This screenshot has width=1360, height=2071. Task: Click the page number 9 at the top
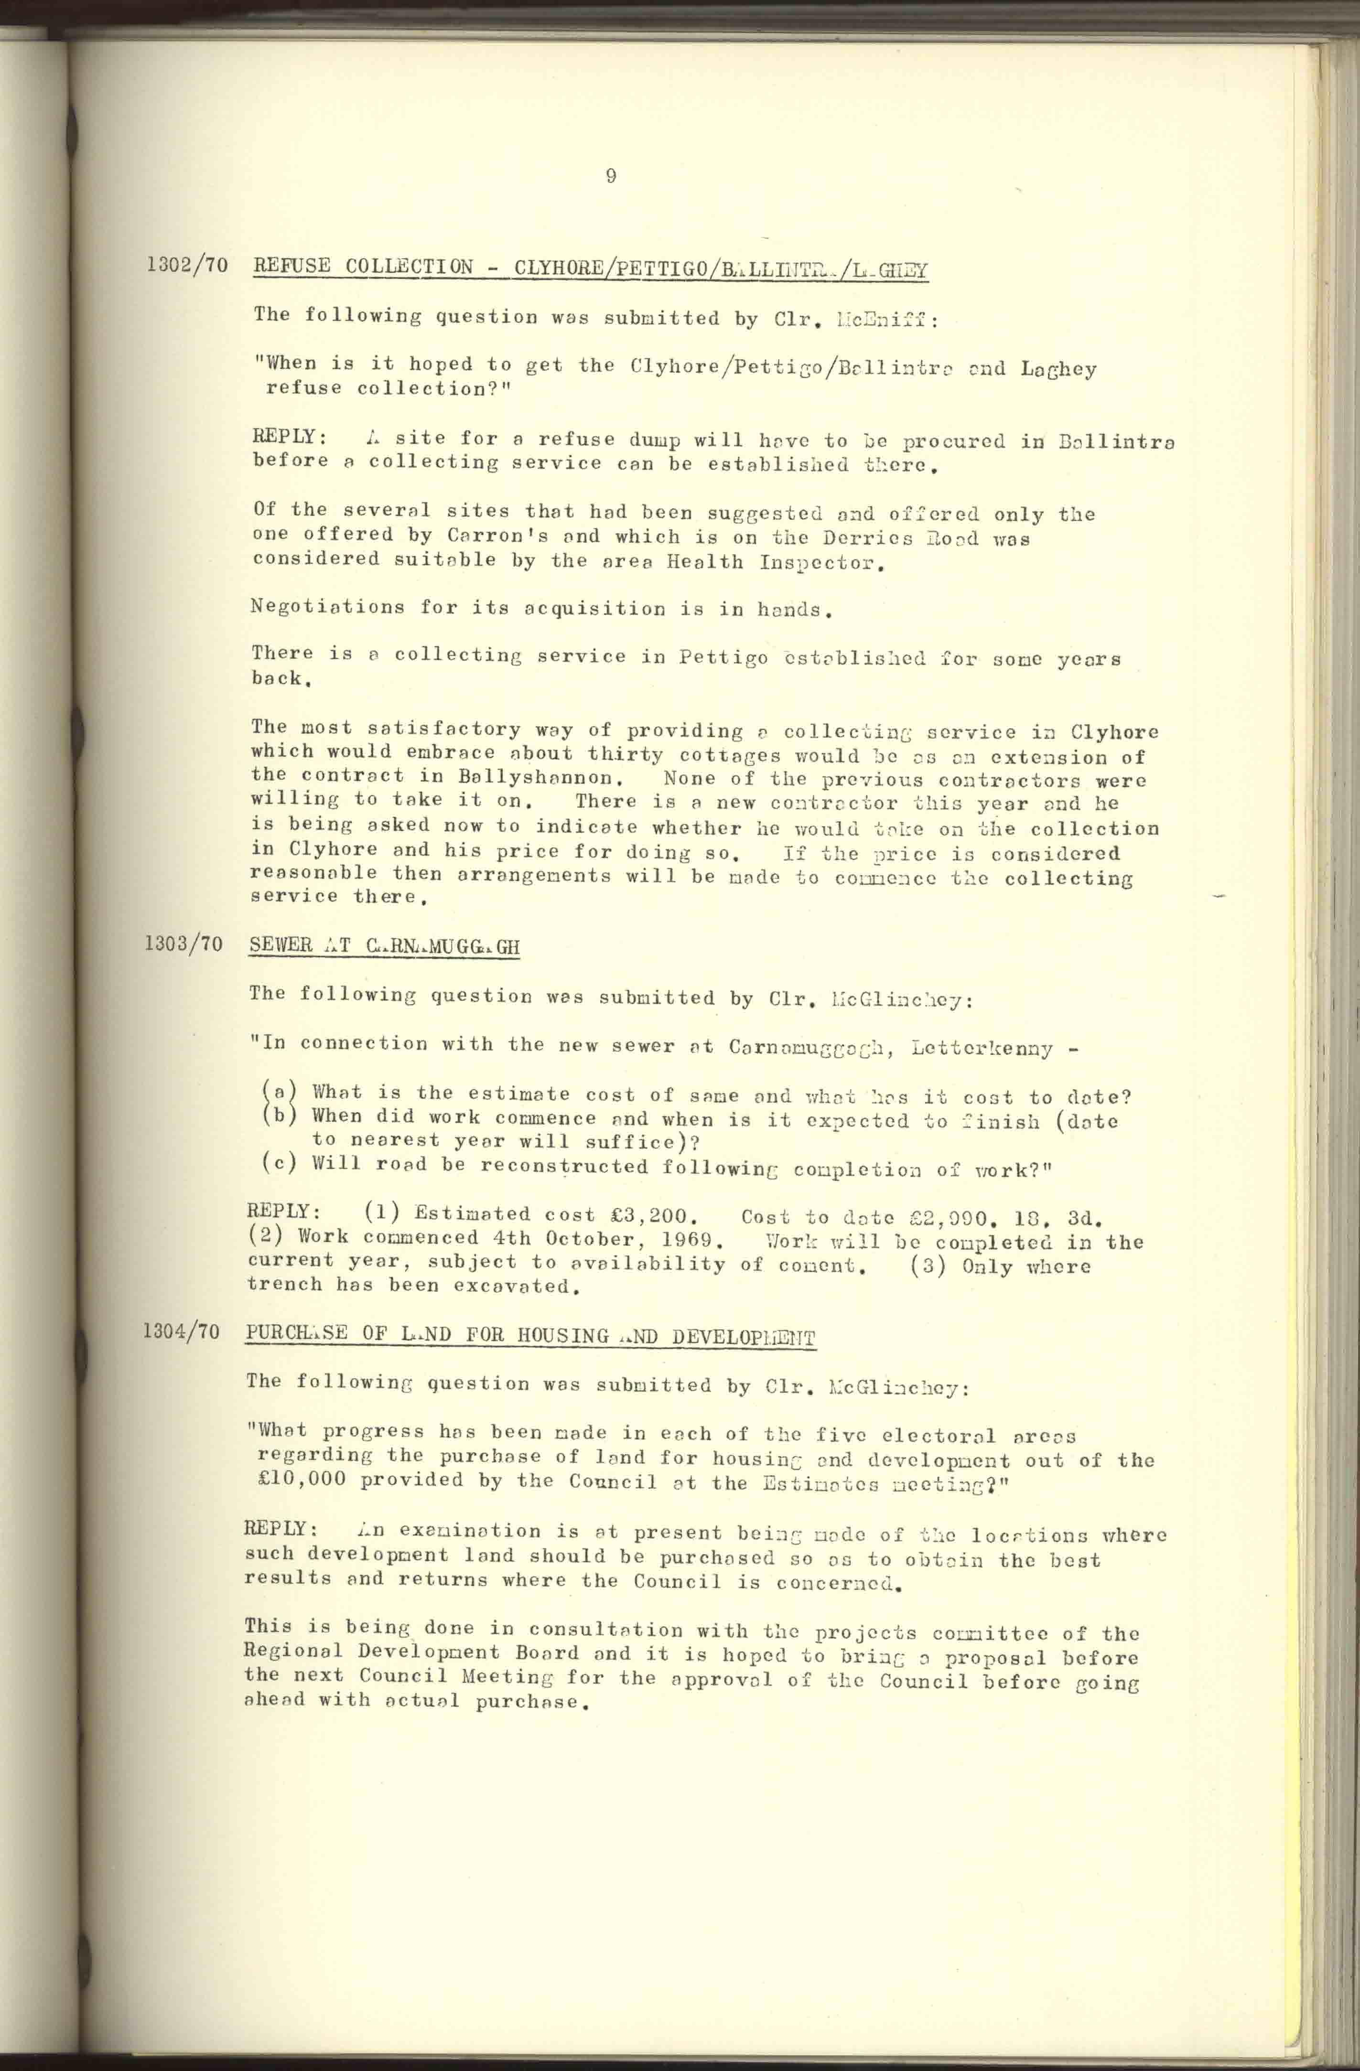coord(611,177)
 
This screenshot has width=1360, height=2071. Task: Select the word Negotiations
coord(327,607)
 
